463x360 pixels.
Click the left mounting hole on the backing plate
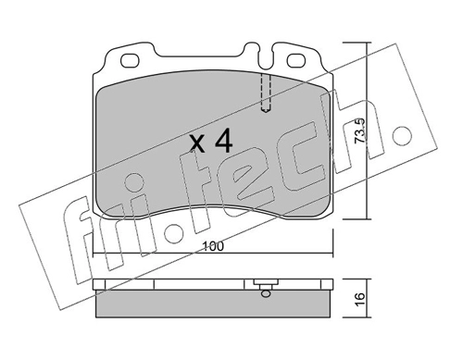tap(129, 61)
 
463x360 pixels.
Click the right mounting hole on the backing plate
tap(296, 61)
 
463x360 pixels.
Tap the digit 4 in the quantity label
tap(224, 141)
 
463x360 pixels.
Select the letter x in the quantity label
tap(197, 144)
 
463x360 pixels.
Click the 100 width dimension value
tap(213, 247)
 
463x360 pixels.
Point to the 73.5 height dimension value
tap(359, 130)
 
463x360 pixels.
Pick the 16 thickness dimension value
tap(360, 299)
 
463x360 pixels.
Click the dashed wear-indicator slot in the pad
tap(266, 93)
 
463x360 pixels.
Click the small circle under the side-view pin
tap(266, 293)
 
